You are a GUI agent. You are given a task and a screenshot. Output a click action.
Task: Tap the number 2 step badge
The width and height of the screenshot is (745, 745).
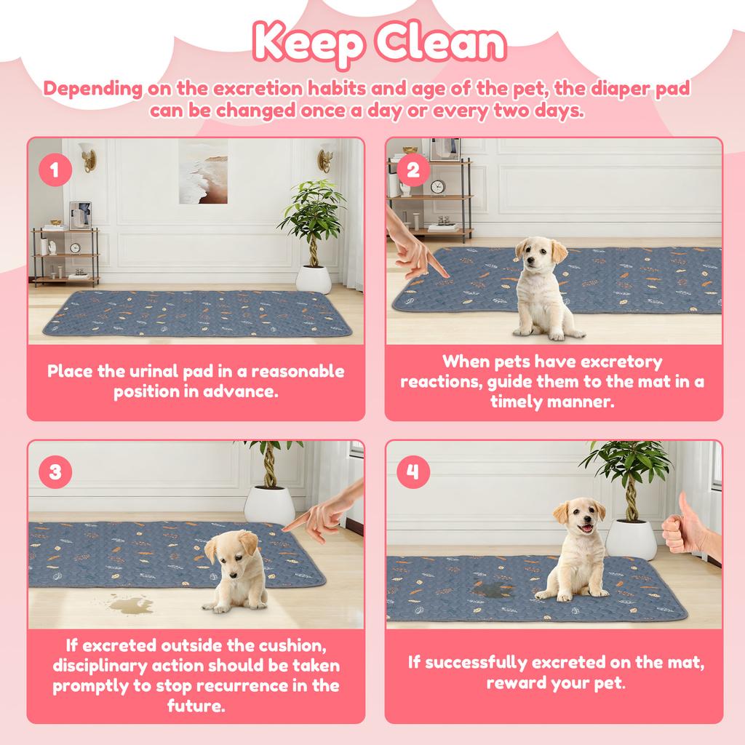click(x=413, y=171)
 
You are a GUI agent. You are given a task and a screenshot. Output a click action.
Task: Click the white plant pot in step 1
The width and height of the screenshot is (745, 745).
click(x=314, y=279)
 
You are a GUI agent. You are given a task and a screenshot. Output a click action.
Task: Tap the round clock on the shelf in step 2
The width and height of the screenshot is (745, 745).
click(x=437, y=187)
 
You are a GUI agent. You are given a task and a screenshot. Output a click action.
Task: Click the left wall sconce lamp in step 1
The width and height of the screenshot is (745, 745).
click(x=88, y=156)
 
